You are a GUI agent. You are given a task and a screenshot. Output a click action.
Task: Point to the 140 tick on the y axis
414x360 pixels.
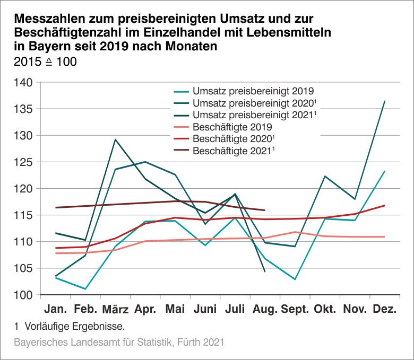tap(24, 83)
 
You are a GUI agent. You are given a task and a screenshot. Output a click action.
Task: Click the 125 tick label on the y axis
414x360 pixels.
tap(24, 162)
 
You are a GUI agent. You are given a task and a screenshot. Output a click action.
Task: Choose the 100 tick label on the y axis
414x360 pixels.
tap(24, 295)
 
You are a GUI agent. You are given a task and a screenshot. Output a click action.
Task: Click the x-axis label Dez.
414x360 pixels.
tap(384, 309)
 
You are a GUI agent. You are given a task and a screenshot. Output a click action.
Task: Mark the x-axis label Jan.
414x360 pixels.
tap(55, 309)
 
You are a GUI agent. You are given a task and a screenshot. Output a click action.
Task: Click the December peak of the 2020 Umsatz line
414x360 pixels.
tap(384, 101)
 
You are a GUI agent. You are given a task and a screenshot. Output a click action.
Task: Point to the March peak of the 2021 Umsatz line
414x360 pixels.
tap(116, 139)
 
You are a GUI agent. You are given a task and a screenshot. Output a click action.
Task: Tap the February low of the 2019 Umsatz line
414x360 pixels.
tap(85, 289)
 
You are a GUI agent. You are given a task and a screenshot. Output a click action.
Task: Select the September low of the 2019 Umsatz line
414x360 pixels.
tap(295, 279)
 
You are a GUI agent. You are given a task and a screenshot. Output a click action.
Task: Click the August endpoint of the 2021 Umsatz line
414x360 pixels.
tap(264, 271)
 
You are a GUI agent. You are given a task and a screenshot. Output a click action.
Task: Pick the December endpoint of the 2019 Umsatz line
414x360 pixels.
tap(384, 171)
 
